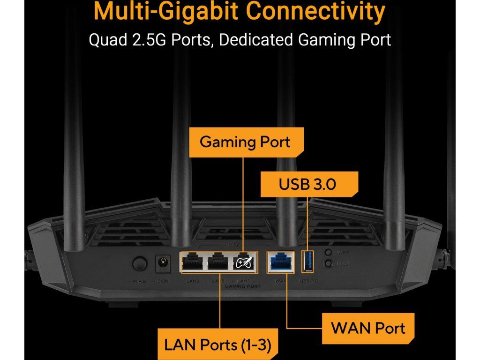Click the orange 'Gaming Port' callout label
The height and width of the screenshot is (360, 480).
click(245, 142)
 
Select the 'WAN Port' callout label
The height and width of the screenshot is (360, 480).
click(368, 328)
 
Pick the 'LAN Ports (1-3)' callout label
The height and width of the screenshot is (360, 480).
click(217, 345)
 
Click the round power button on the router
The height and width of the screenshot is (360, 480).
click(139, 264)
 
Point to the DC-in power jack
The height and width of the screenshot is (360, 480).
click(162, 263)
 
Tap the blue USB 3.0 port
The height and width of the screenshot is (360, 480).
click(307, 262)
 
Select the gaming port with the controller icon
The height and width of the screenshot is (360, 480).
click(245, 262)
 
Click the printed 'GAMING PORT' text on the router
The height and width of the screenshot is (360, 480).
click(243, 285)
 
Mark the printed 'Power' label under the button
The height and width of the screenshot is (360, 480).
click(140, 281)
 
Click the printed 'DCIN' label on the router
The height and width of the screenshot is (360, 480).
click(163, 281)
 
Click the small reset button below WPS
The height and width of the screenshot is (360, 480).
click(329, 264)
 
